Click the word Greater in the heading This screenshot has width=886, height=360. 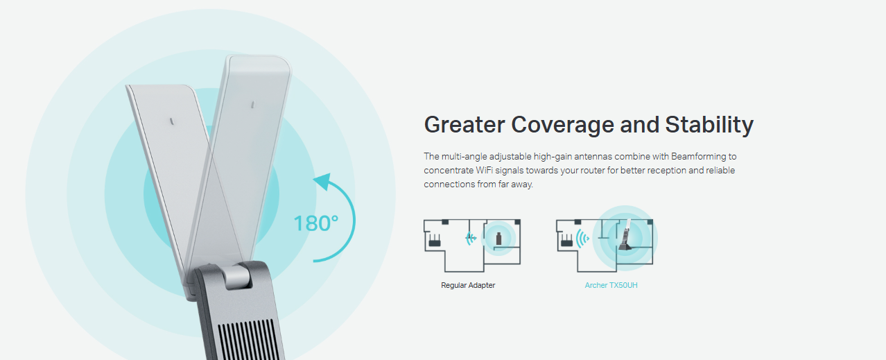click(x=464, y=125)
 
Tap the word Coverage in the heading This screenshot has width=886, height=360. click(x=562, y=125)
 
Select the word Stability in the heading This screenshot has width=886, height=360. click(x=709, y=125)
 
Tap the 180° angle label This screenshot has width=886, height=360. click(x=316, y=223)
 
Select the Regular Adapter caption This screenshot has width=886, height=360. click(x=468, y=285)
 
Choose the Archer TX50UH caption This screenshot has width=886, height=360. click(x=611, y=285)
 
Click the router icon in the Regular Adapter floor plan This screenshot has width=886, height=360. click(x=435, y=241)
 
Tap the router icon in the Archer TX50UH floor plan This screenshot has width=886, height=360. click(x=567, y=241)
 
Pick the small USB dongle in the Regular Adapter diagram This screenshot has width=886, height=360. click(x=498, y=239)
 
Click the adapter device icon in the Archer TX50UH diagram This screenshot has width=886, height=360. click(x=626, y=235)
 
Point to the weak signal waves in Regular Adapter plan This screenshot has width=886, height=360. click(x=471, y=238)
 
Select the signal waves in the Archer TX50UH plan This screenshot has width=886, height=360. click(x=582, y=239)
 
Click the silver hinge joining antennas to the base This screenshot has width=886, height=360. click(x=237, y=277)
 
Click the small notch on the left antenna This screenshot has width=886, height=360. click(x=172, y=121)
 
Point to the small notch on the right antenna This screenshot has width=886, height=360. click(x=253, y=105)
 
